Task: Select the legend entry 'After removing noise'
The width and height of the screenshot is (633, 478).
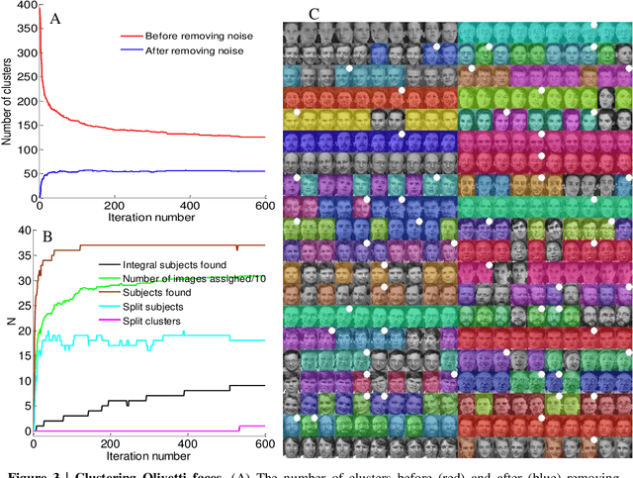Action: tap(195, 49)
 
